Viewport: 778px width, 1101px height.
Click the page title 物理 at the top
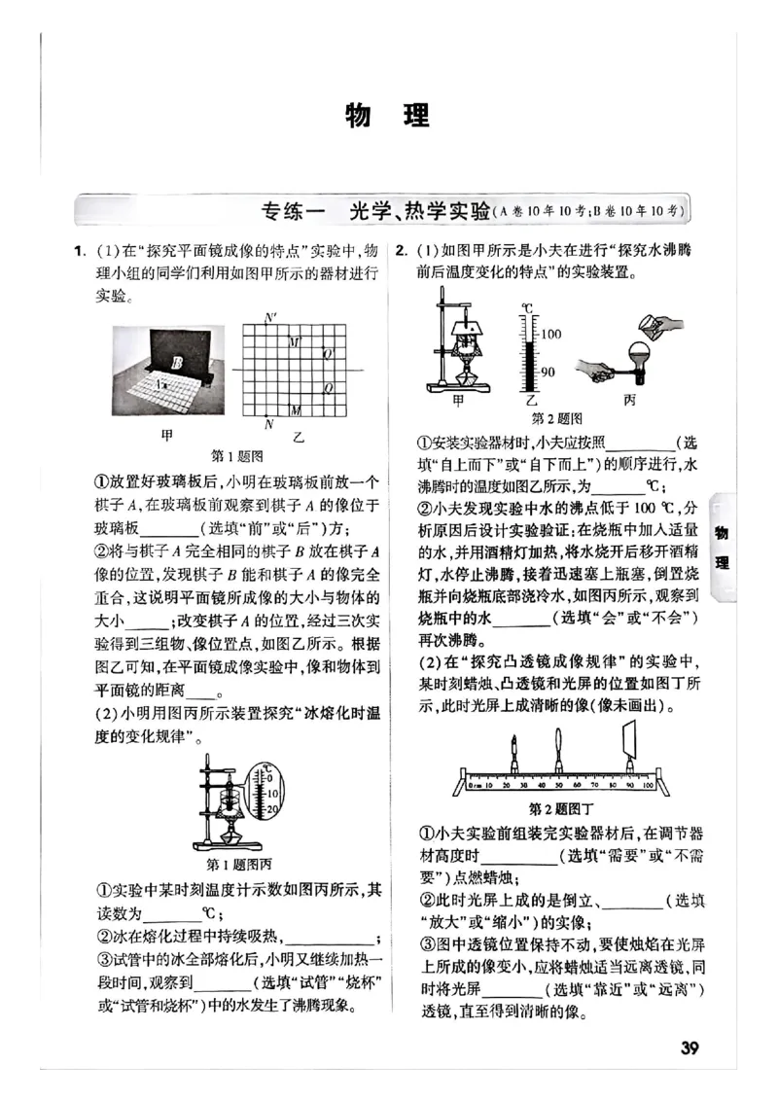tap(388, 117)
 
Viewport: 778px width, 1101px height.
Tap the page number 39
tap(690, 1047)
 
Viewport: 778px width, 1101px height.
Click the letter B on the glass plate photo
tap(177, 363)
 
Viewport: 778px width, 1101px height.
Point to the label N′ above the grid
tap(269, 318)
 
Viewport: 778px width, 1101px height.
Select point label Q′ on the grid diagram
tap(328, 353)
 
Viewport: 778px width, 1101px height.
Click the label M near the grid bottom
tap(296, 409)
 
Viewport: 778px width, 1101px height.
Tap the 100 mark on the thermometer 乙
tap(551, 334)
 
